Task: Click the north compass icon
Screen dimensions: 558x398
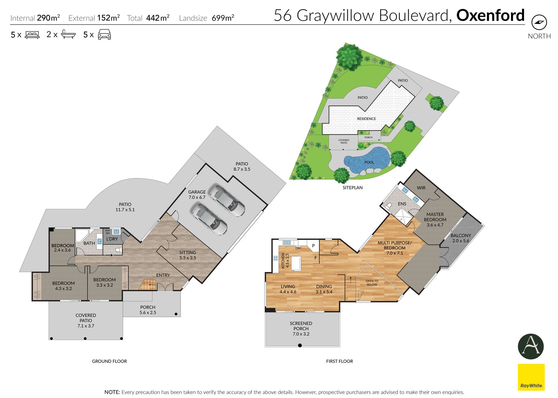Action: point(539,22)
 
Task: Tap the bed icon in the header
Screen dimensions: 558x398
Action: point(32,35)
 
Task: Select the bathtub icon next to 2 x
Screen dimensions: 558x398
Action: point(68,35)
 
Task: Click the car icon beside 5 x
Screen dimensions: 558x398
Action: point(104,34)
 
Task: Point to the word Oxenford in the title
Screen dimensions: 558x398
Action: point(490,15)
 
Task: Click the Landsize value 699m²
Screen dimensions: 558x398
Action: point(223,18)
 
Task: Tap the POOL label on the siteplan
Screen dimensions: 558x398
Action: point(369,162)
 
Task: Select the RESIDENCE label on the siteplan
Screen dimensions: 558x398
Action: point(366,119)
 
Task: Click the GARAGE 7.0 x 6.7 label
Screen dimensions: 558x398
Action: point(197,195)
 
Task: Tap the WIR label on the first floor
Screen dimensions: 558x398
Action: point(421,188)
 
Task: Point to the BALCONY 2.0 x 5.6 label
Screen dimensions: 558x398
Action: point(461,238)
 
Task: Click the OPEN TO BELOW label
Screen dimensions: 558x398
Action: point(372,283)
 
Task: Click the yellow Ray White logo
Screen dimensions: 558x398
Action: point(531,377)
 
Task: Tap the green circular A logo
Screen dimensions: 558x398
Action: point(531,347)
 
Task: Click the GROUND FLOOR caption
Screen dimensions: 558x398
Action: point(110,361)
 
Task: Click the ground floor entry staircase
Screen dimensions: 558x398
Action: point(147,285)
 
